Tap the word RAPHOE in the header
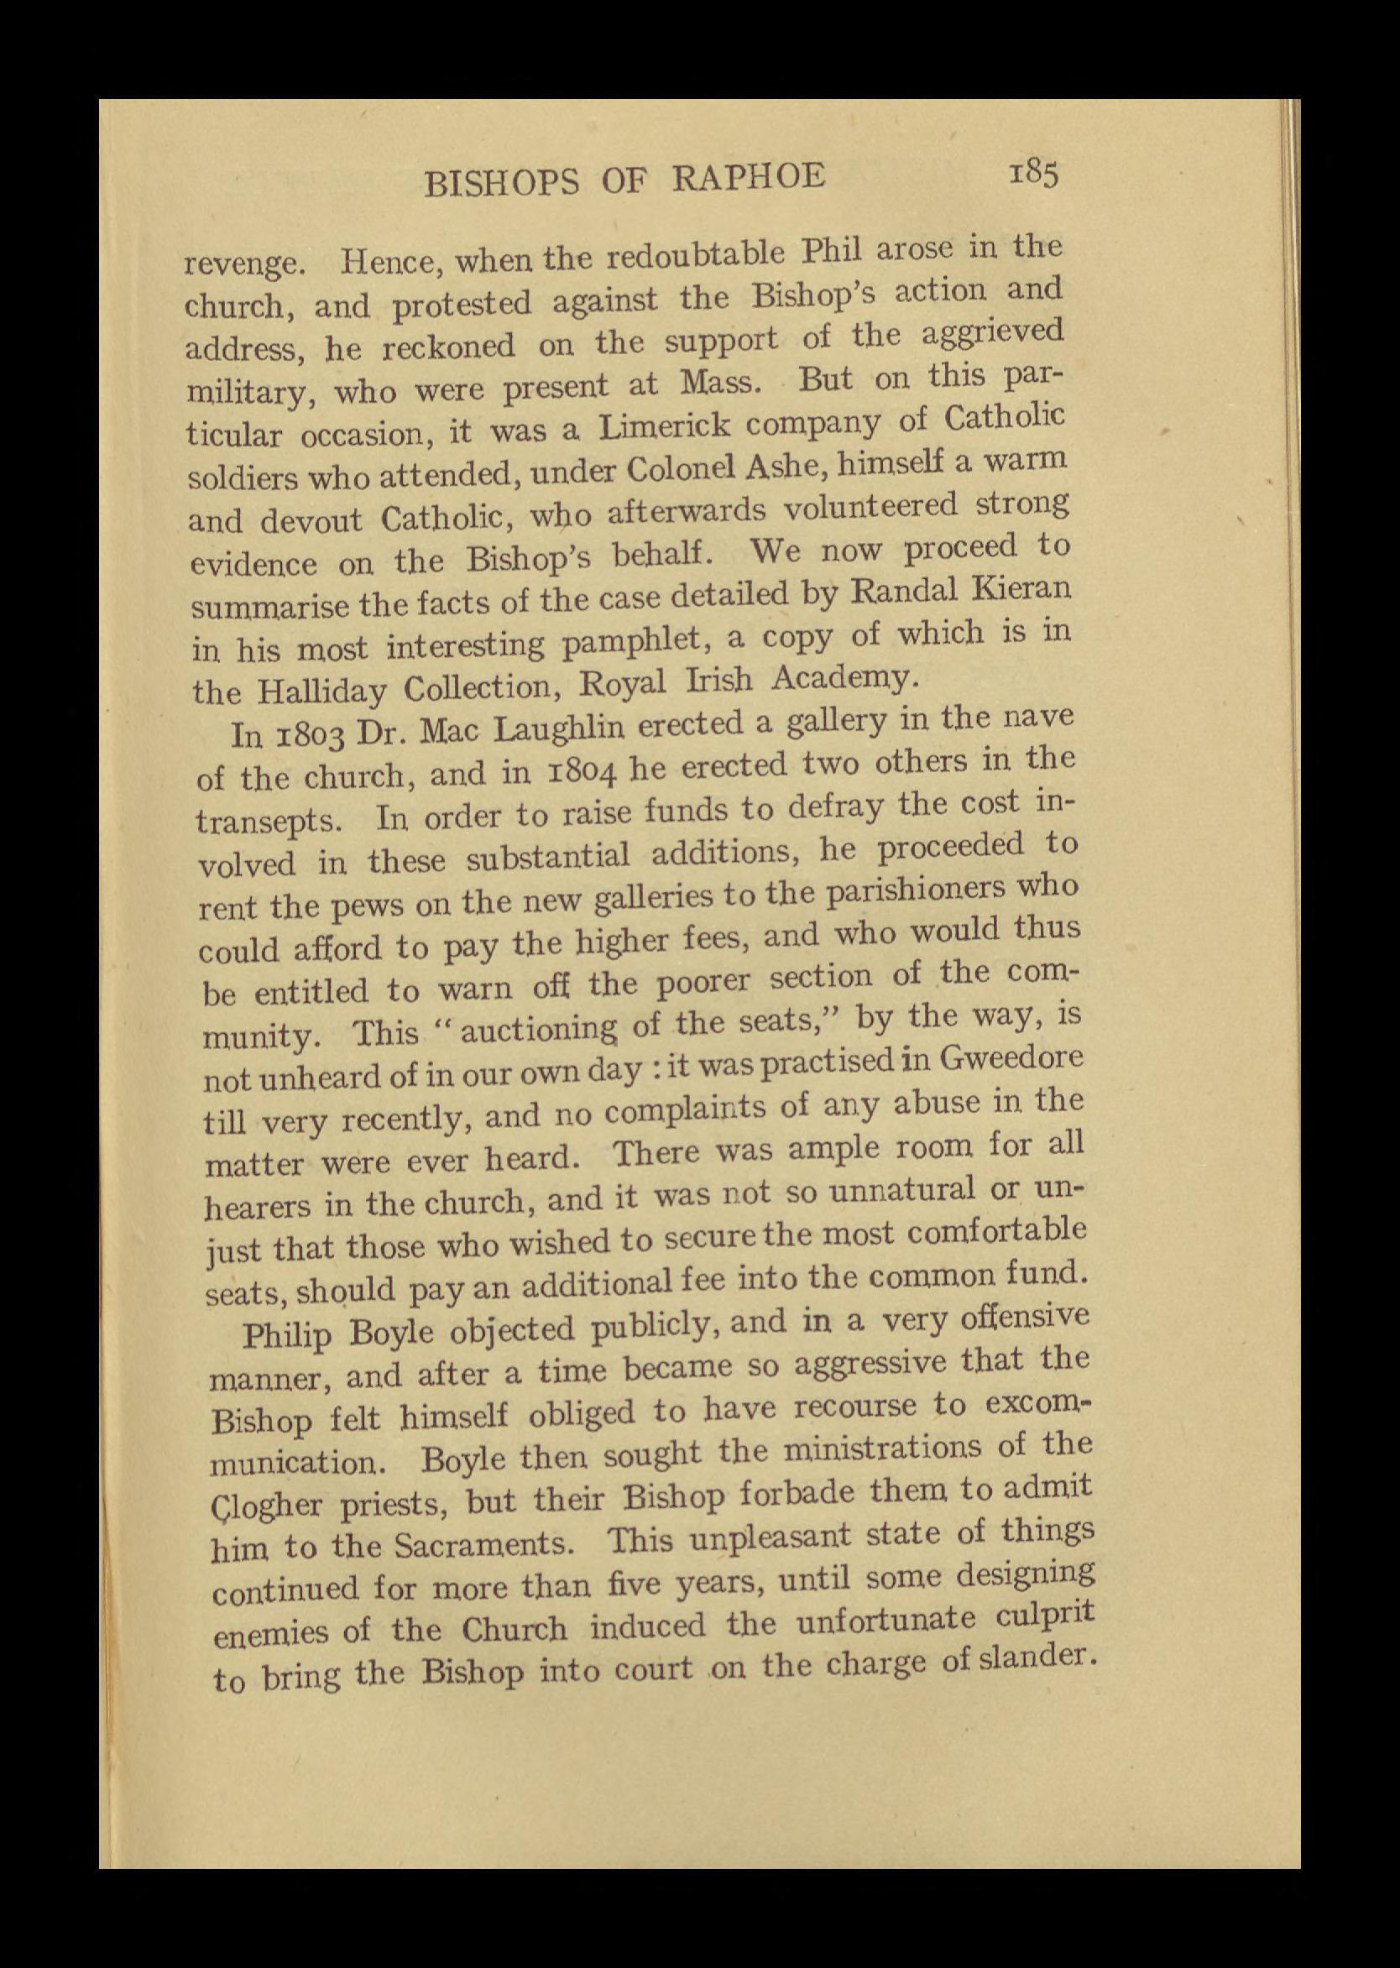click(x=747, y=177)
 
